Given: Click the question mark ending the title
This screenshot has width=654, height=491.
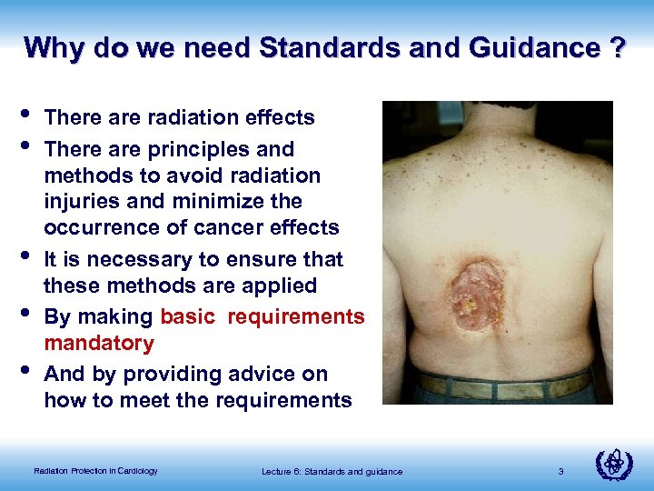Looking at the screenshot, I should pos(617,47).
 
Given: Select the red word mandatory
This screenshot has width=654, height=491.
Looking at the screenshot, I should pos(99,344).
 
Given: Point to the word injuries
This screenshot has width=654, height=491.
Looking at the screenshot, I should pos(80,201).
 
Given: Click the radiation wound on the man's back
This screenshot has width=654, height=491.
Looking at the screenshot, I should pos(474,290).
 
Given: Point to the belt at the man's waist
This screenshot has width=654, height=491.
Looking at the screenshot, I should pos(504,386).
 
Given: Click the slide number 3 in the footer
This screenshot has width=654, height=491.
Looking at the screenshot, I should pos(561,471).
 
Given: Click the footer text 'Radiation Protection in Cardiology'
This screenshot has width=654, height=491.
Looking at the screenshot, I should pos(95,471).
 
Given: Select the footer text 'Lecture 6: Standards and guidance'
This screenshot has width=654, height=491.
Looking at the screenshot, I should pos(332,471).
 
